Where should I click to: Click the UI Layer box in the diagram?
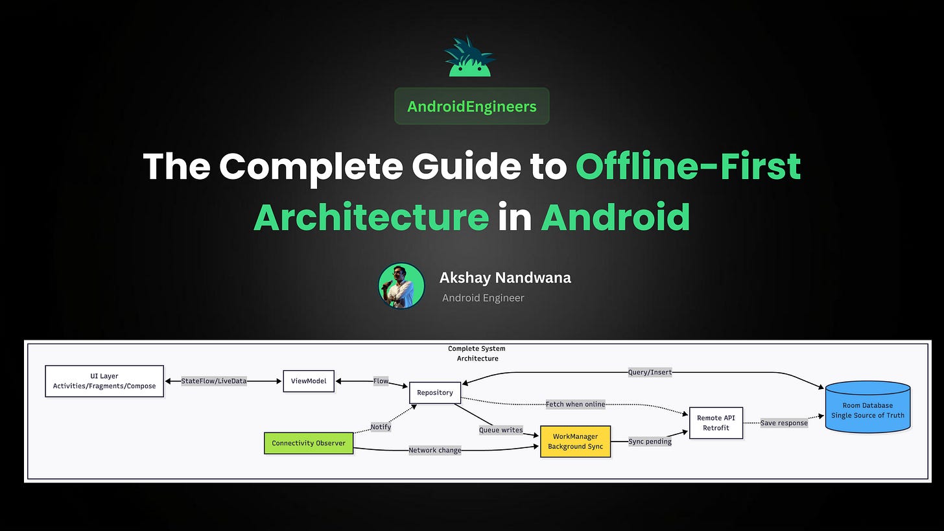104,381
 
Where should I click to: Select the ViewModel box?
309,381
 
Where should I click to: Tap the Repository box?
435,393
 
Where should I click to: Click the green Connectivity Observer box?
309,443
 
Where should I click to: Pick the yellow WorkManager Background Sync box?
575,442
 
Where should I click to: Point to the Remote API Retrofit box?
716,423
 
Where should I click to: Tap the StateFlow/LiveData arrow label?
214,381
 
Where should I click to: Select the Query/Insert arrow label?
650,372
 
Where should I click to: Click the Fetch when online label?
575,405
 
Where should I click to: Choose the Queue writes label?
501,430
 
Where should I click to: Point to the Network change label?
434,450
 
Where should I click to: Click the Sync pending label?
650,442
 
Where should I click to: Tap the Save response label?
784,423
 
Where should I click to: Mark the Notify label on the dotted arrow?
381,427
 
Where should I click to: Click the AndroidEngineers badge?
471,106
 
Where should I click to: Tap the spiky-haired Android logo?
470,58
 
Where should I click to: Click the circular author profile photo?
401,286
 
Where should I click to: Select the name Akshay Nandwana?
505,278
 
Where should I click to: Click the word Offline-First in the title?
688,167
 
